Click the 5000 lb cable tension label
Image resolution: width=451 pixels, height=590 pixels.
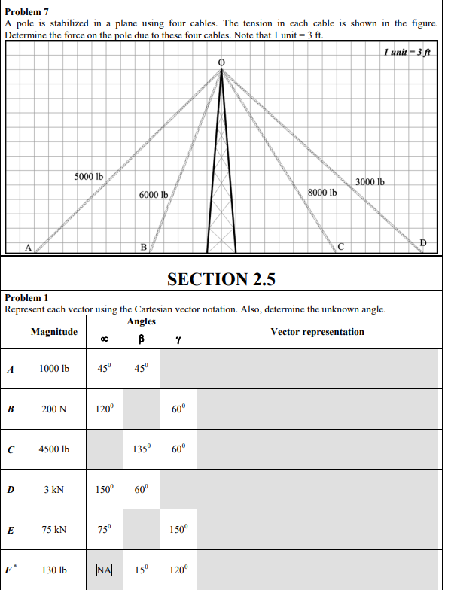(x=89, y=176)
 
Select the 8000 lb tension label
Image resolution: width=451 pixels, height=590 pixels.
(x=321, y=192)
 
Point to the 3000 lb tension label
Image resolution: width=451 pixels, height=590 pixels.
(x=370, y=182)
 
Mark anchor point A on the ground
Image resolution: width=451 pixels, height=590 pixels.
(x=28, y=246)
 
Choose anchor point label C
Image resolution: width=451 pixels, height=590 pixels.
(x=340, y=246)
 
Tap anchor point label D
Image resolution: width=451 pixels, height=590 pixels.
(x=422, y=242)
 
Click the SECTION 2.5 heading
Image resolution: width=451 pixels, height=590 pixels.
(x=221, y=279)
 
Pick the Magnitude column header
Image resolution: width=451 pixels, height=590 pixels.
(x=54, y=332)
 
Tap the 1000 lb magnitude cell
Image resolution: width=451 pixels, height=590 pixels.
(x=54, y=369)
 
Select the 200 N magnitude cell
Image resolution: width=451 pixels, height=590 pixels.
(x=54, y=409)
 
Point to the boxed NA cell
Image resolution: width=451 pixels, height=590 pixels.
(x=104, y=570)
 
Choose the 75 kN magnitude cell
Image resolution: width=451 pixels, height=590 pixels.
(x=54, y=529)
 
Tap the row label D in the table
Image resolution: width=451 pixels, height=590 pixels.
(x=11, y=489)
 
